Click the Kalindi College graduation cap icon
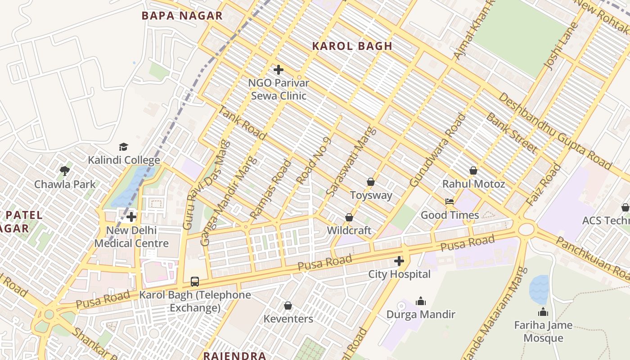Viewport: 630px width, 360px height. click(123, 147)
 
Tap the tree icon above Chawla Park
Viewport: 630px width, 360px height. click(65, 171)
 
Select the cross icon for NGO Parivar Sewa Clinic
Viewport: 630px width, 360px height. click(279, 70)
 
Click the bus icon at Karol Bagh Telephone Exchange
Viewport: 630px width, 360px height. click(194, 282)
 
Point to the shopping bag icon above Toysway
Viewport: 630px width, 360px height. click(371, 182)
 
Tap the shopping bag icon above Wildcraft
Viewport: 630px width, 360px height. click(349, 217)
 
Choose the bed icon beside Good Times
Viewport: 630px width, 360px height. click(449, 202)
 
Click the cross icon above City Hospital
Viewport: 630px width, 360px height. click(399, 261)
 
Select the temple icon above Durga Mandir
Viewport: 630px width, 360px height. click(421, 301)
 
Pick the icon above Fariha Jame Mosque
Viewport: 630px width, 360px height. click(543, 312)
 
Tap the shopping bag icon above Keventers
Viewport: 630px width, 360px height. click(288, 306)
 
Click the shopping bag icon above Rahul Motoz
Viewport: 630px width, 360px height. click(473, 171)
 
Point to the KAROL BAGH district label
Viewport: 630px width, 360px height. click(352, 46)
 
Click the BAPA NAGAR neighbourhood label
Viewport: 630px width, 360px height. click(182, 16)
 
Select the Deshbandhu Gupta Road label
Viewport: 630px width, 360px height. click(555, 130)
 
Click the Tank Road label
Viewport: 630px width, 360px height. click(242, 123)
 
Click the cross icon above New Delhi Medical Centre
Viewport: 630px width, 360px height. click(131, 217)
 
